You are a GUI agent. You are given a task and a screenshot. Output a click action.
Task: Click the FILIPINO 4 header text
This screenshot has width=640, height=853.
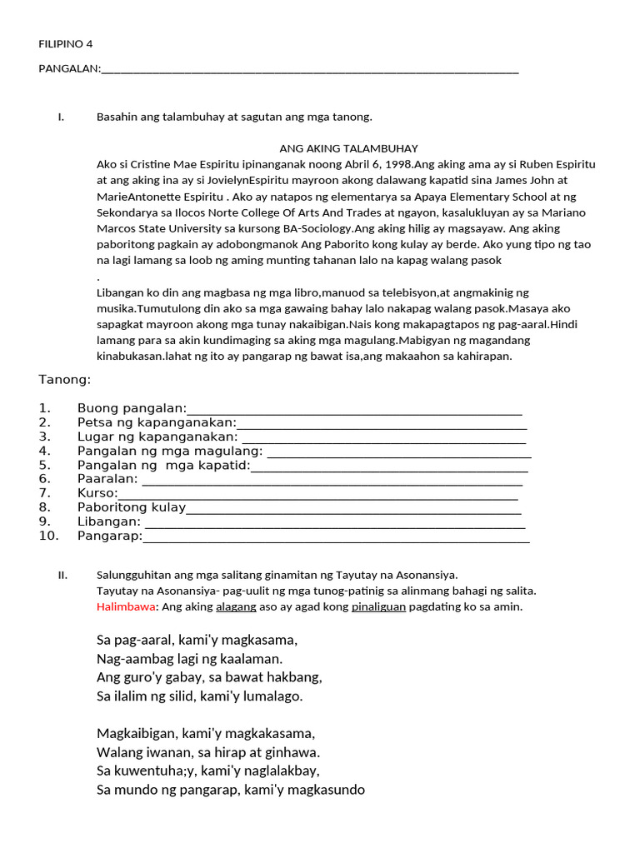pyautogui.click(x=66, y=44)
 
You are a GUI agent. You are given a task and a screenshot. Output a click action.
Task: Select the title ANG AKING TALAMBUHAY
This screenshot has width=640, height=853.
pyautogui.click(x=348, y=148)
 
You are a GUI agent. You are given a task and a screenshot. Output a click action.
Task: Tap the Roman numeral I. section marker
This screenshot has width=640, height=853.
pyautogui.click(x=61, y=117)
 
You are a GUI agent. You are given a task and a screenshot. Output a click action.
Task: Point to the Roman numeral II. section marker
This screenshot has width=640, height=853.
pyautogui.click(x=62, y=575)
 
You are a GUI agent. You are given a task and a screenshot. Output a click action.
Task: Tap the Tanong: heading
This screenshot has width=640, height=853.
pyautogui.click(x=64, y=380)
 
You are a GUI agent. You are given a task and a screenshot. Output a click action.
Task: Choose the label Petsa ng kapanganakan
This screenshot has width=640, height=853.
pyautogui.click(x=157, y=422)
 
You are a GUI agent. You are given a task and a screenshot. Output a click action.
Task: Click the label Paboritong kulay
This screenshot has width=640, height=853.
pyautogui.click(x=132, y=507)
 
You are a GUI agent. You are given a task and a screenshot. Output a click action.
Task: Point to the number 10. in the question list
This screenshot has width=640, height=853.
pyautogui.click(x=49, y=536)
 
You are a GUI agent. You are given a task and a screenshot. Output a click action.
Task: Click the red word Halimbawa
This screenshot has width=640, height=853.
pyautogui.click(x=126, y=606)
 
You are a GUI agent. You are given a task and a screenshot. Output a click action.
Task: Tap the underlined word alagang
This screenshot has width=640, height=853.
pyautogui.click(x=236, y=606)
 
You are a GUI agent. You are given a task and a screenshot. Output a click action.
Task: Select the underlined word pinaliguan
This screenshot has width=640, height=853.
pyautogui.click(x=378, y=606)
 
